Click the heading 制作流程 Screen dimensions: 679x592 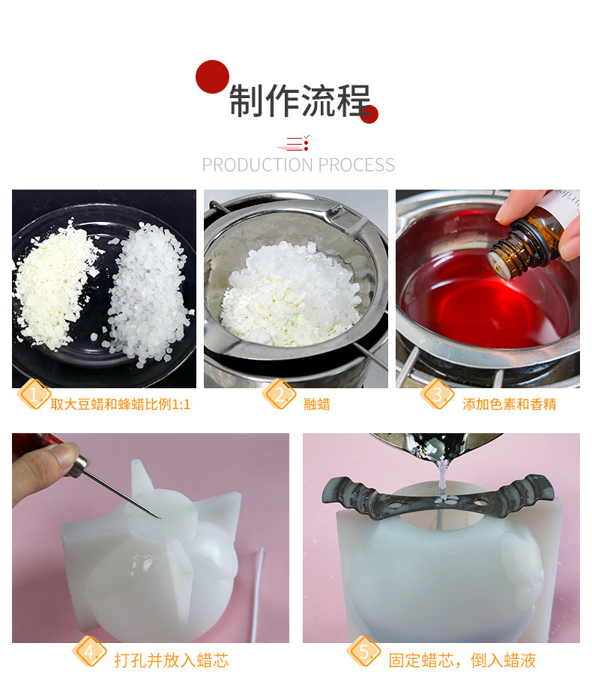[299, 101]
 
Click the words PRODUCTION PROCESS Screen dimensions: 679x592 [298, 165]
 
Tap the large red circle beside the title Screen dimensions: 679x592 [212, 76]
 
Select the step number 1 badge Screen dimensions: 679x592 [33, 393]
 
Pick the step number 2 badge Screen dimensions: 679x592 [279, 393]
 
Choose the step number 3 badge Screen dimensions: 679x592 [438, 393]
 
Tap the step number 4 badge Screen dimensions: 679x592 [90, 651]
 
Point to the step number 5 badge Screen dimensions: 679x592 [364, 651]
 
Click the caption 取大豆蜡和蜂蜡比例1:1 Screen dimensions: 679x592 [121, 405]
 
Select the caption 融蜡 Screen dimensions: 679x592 [317, 405]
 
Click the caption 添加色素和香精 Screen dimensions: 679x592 [510, 405]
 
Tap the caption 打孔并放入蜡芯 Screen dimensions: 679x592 [171, 660]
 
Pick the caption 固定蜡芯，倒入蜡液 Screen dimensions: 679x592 [462, 660]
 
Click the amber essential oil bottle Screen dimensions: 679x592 [525, 241]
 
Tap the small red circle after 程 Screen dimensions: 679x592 [369, 114]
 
